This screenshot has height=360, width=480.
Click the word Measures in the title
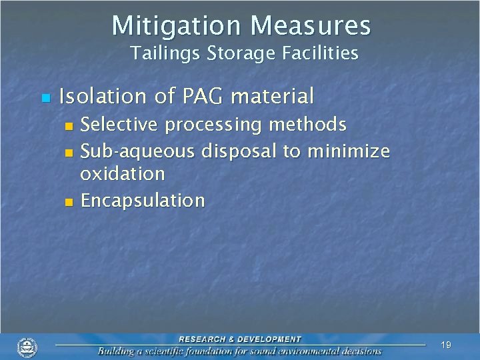(310, 25)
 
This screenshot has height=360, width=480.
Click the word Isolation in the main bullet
(103, 97)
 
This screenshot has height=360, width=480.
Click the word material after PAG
(271, 97)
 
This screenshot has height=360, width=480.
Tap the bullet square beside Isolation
(45, 99)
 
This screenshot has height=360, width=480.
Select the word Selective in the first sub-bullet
(119, 125)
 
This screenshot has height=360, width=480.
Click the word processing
(222, 125)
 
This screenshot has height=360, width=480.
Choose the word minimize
(348, 151)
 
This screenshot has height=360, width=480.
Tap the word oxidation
(122, 174)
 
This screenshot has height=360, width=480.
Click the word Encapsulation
(143, 201)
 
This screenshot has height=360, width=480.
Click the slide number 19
(446, 345)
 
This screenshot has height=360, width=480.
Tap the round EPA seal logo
(27, 347)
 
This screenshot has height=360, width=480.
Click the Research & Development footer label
(239, 339)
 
